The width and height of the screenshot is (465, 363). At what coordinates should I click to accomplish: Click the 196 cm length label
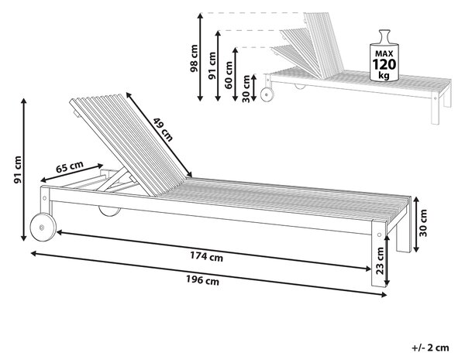202,280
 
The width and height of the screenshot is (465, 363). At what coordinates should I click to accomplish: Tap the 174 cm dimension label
206,256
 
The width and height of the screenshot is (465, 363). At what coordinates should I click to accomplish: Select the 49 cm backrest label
163,129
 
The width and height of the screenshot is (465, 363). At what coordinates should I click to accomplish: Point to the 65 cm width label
70,167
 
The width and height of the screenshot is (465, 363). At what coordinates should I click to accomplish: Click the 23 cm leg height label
380,261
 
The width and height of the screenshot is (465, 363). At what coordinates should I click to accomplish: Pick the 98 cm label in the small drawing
194,58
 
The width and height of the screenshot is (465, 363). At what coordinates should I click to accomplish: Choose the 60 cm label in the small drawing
229,75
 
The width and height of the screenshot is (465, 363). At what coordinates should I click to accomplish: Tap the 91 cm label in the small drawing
212,66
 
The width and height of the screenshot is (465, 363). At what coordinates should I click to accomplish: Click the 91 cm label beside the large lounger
18,170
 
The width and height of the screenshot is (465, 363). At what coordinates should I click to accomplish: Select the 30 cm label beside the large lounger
423,223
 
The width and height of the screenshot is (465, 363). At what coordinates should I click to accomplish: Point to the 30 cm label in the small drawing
246,89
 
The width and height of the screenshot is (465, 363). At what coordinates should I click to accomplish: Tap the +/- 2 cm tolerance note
430,348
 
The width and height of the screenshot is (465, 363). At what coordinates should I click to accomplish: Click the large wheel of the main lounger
43,227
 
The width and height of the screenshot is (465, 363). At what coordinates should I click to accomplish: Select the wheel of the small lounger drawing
267,95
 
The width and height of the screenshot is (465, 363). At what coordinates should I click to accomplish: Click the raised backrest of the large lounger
130,144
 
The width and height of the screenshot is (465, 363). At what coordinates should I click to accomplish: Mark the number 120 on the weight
384,64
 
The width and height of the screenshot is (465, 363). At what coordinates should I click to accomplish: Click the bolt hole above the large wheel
45,198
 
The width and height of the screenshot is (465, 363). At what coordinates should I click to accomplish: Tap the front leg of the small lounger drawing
435,108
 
